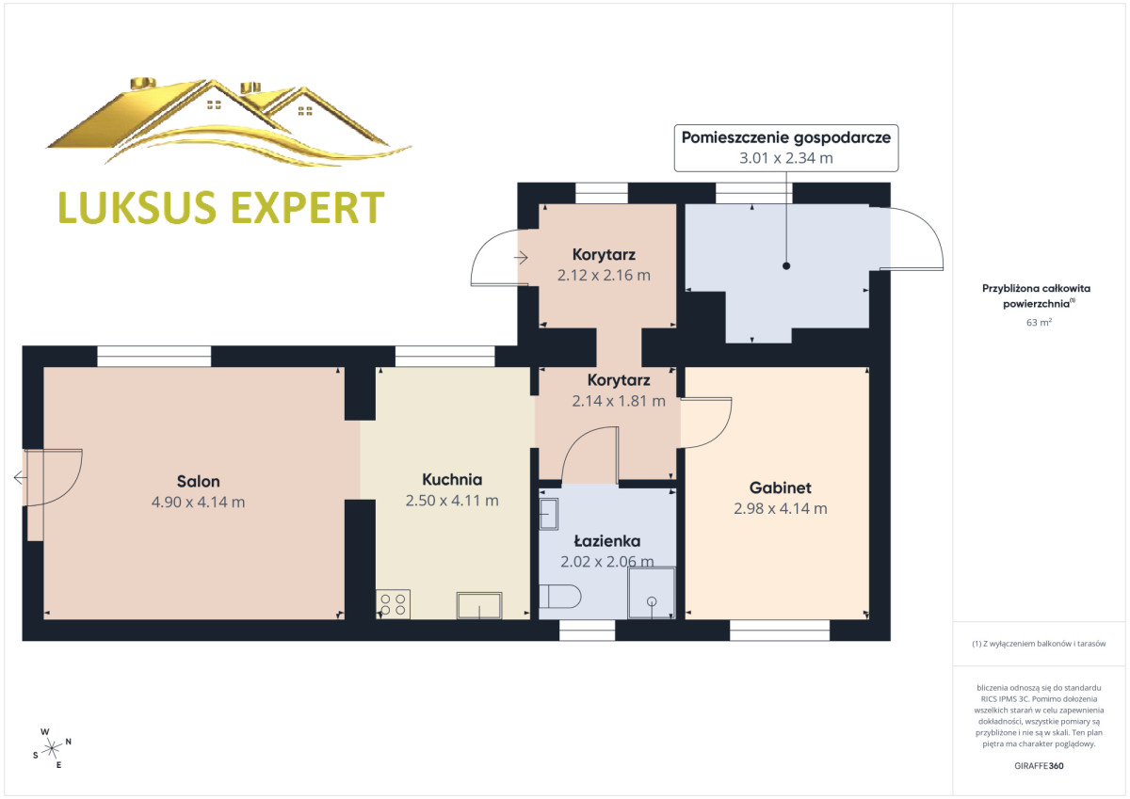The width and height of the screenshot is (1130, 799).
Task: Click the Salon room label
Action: click(199, 482)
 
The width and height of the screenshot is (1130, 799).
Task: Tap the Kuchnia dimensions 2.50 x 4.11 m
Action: click(452, 501)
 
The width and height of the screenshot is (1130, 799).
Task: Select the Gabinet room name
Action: click(781, 488)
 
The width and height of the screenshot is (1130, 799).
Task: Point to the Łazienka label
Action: click(607, 541)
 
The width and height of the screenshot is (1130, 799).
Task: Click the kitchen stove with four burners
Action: click(393, 604)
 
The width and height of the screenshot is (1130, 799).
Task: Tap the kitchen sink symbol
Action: click(479, 605)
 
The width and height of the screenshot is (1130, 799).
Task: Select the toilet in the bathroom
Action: click(560, 597)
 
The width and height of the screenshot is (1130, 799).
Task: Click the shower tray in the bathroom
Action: click(652, 593)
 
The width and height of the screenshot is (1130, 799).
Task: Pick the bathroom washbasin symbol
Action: click(549, 514)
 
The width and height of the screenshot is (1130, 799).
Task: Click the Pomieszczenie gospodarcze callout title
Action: click(786, 137)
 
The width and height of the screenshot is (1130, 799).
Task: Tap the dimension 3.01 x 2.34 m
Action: click(786, 158)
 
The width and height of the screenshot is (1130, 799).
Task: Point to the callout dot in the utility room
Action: click(786, 266)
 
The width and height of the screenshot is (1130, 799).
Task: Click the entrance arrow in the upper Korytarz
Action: click(521, 258)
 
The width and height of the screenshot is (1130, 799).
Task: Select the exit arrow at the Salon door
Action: click(20, 477)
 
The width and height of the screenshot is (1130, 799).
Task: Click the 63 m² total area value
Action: click(1039, 322)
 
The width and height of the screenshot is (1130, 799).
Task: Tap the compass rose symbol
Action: click(52, 748)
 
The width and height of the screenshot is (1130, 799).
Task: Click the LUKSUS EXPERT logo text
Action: click(221, 207)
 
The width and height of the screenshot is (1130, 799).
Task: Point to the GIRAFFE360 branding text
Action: click(1039, 766)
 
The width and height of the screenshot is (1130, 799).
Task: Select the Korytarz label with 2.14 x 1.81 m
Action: click(619, 391)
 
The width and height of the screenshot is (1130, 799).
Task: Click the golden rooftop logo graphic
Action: click(230, 121)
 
